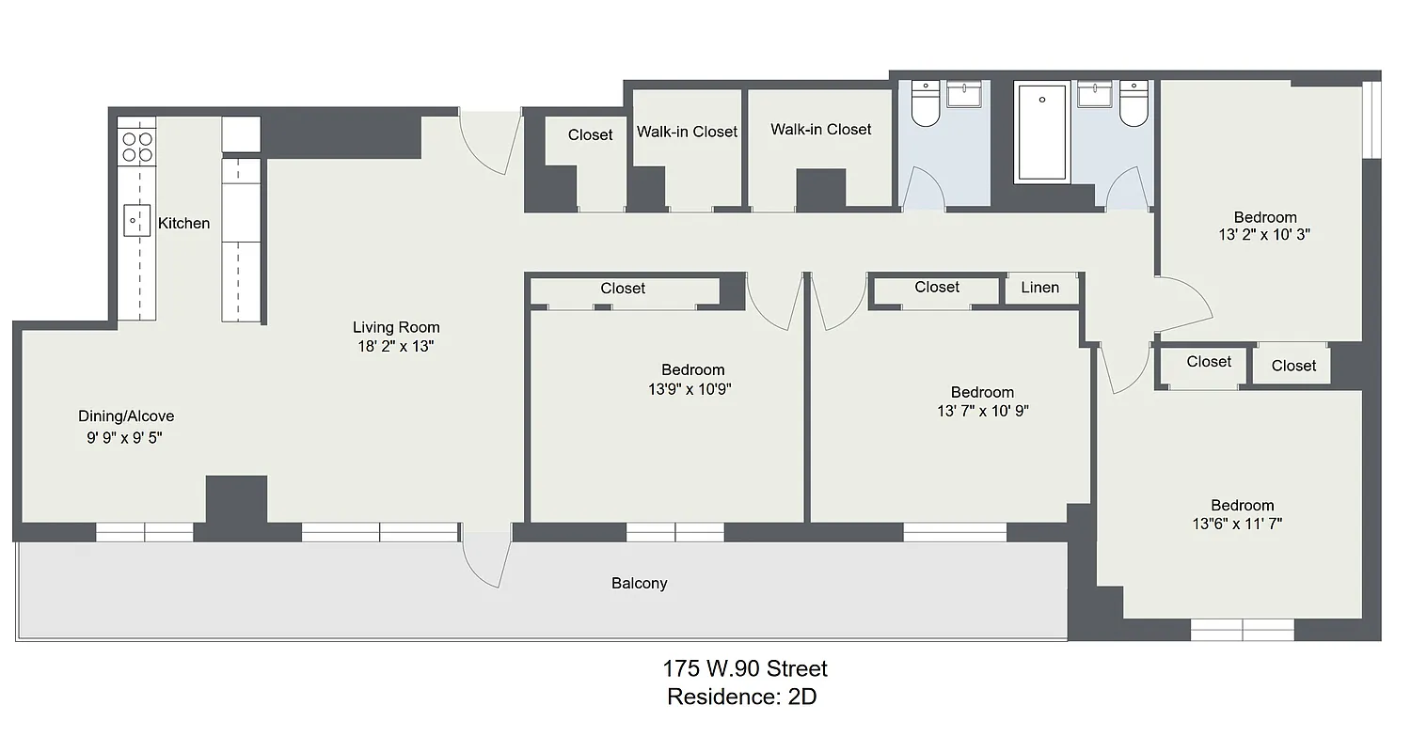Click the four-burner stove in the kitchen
click(x=136, y=147)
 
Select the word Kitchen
click(x=183, y=223)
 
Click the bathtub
click(x=1042, y=133)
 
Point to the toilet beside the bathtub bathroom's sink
click(x=1134, y=104)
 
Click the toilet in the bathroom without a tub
click(x=925, y=104)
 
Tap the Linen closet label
click(x=1039, y=288)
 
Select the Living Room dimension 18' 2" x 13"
click(x=396, y=345)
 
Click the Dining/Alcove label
click(x=126, y=416)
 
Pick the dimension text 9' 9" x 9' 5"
click(x=125, y=437)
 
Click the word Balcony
click(x=639, y=583)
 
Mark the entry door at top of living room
click(x=490, y=141)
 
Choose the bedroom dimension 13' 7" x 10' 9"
click(x=982, y=410)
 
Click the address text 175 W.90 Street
click(x=744, y=668)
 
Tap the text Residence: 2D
click(x=741, y=697)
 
